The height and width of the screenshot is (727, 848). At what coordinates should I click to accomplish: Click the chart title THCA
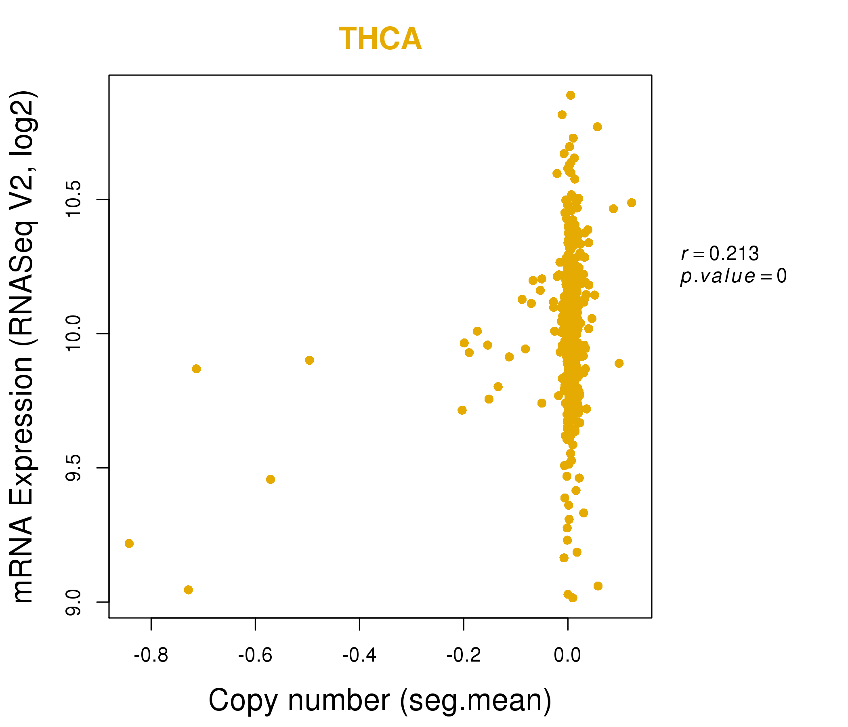click(x=380, y=39)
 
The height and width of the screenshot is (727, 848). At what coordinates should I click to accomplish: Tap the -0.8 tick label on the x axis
click(x=151, y=656)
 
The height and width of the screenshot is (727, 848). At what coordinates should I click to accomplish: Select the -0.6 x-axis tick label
click(x=255, y=656)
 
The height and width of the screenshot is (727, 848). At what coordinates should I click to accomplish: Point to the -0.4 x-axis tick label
click(x=359, y=656)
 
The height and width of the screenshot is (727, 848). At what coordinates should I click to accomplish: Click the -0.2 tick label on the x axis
click(x=463, y=656)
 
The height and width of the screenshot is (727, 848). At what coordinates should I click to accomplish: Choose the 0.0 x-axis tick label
click(x=567, y=656)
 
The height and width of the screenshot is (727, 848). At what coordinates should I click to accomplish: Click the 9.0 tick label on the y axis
click(x=74, y=602)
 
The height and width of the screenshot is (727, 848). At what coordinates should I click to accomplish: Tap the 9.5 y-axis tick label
click(x=74, y=468)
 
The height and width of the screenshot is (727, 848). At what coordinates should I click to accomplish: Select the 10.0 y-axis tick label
click(x=74, y=334)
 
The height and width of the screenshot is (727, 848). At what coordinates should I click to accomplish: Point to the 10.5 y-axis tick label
click(x=74, y=200)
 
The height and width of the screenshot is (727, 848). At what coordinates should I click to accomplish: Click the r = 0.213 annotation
click(x=720, y=254)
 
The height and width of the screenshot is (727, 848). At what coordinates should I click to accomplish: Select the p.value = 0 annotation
click(x=733, y=276)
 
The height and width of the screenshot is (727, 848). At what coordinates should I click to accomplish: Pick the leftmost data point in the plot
click(x=129, y=544)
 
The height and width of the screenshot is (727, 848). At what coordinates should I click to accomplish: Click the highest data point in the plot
click(x=571, y=95)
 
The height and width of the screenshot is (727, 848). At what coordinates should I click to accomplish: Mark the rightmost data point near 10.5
click(x=632, y=203)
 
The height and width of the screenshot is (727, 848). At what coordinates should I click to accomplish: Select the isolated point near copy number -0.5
click(x=309, y=360)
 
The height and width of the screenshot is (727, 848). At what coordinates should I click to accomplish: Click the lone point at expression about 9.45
click(x=271, y=479)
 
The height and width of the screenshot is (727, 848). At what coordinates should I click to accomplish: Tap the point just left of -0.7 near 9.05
click(x=188, y=590)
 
